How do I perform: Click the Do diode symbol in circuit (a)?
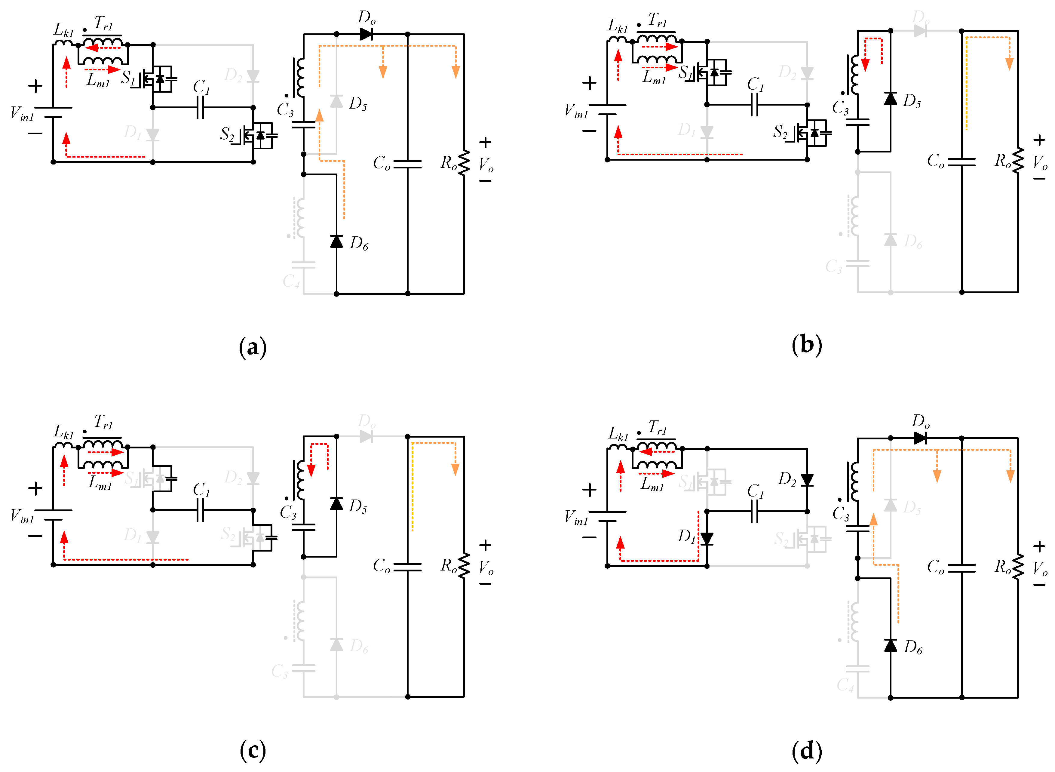pyautogui.click(x=366, y=34)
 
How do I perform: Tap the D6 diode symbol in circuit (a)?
pyautogui.click(x=336, y=241)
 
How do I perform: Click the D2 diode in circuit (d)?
pyautogui.click(x=807, y=479)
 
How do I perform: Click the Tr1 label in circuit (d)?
pyautogui.click(x=658, y=427)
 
